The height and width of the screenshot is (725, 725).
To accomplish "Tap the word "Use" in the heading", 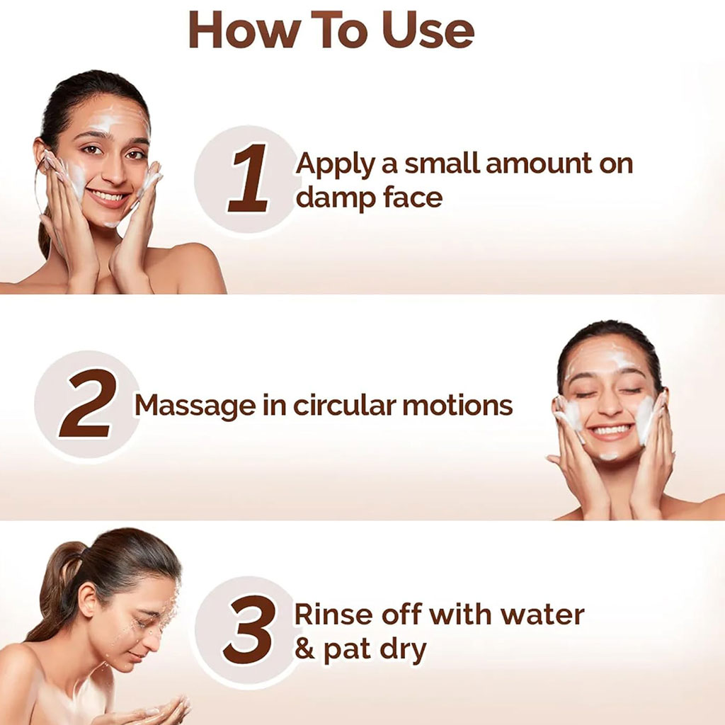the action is point(428,30).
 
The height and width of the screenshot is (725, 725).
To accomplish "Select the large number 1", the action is point(249,178).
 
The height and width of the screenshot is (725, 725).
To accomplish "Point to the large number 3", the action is point(249,629).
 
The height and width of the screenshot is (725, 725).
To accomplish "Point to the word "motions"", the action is point(458,404).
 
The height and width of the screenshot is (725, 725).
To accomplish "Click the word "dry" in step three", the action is point(403,650).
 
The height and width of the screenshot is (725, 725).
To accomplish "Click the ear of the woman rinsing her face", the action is point(88,600).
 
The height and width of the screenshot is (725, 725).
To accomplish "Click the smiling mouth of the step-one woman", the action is point(108,197).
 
